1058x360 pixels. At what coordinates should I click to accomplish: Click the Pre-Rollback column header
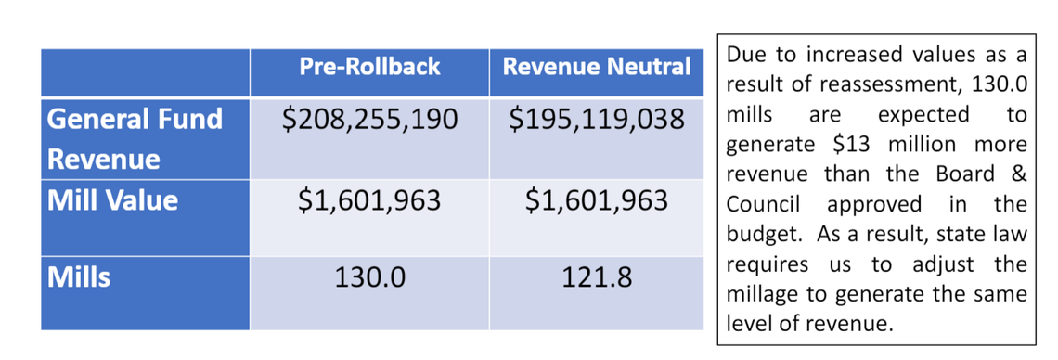pos(369,67)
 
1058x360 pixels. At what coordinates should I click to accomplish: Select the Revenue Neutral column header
pos(597,67)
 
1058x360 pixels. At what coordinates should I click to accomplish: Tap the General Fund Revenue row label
pos(135,138)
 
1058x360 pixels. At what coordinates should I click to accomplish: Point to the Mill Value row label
pos(113,200)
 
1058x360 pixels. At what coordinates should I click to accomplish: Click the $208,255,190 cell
pos(369,120)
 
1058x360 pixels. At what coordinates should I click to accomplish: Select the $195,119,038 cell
pos(597,120)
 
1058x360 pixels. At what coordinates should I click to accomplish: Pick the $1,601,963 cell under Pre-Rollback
pos(369,201)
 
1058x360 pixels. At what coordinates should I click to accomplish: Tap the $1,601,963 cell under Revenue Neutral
pos(597,201)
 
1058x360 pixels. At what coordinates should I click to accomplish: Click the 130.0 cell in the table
pos(369,277)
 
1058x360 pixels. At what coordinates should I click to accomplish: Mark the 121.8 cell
pos(597,277)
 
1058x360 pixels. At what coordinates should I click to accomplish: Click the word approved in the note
pos(874,205)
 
